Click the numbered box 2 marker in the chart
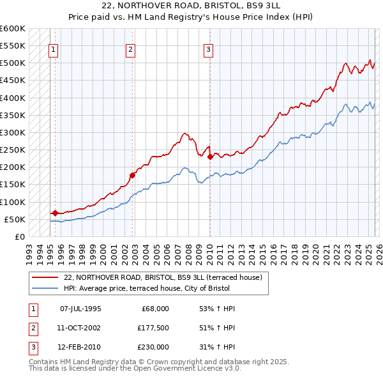click(x=130, y=50)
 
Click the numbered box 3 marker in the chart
click(x=209, y=50)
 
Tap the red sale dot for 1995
click(x=55, y=213)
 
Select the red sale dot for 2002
click(x=133, y=175)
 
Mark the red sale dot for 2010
click(x=210, y=157)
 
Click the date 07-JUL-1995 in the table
click(x=80, y=309)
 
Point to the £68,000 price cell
click(x=154, y=309)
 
